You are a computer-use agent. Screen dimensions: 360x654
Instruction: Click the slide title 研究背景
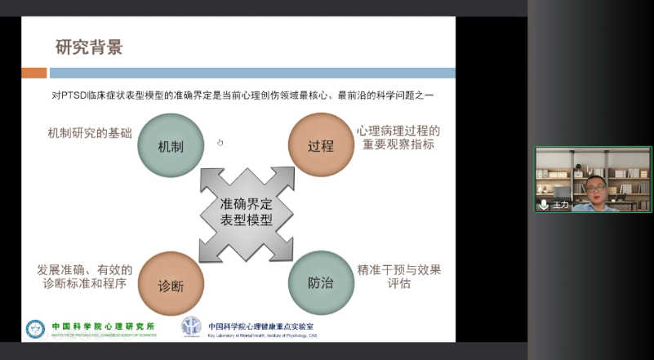(x=89, y=47)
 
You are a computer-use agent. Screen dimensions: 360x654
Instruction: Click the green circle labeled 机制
(x=170, y=146)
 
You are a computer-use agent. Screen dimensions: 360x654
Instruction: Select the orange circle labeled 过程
(x=321, y=146)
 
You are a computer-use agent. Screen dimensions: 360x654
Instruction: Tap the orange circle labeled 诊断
(x=171, y=284)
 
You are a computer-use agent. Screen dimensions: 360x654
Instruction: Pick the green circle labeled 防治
(x=321, y=283)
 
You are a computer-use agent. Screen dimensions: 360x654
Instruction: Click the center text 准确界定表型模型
(x=247, y=212)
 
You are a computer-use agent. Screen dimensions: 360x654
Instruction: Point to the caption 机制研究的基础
(x=90, y=131)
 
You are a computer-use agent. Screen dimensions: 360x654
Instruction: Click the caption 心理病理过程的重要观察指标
(x=398, y=137)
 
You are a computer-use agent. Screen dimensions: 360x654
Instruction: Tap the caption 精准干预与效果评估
(x=398, y=276)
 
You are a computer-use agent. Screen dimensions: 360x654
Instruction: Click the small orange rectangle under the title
(x=33, y=73)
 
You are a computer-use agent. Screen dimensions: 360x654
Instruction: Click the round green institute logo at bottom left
(x=36, y=328)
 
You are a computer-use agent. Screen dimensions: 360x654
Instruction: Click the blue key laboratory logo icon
(x=191, y=327)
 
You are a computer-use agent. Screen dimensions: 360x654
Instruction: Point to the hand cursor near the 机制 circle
(x=220, y=143)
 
